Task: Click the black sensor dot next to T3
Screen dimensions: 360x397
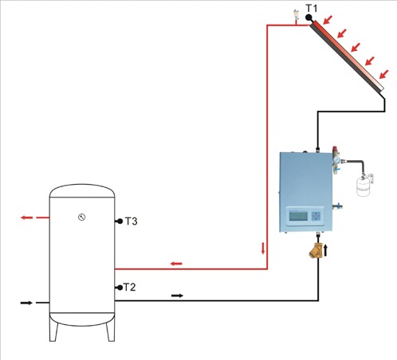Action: (x=118, y=221)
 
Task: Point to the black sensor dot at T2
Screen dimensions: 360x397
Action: (x=118, y=287)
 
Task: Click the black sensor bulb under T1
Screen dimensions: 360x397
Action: (x=309, y=17)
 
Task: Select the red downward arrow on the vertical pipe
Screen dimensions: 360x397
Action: (x=263, y=246)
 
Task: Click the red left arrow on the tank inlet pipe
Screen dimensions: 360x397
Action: (x=175, y=263)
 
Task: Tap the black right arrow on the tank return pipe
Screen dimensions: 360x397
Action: (x=177, y=295)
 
